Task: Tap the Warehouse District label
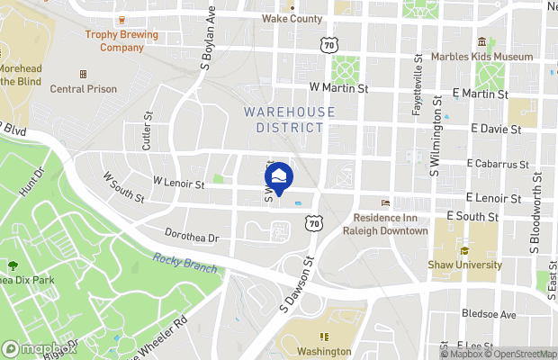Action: (283, 119)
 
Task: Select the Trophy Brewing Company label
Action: (121, 40)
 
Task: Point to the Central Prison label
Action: (84, 88)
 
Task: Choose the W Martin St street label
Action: (338, 88)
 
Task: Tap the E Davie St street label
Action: (496, 130)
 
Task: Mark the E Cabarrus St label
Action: (498, 164)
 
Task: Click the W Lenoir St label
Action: (178, 183)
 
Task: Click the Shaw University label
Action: (465, 265)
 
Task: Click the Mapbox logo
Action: (39, 348)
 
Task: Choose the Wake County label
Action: (291, 18)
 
